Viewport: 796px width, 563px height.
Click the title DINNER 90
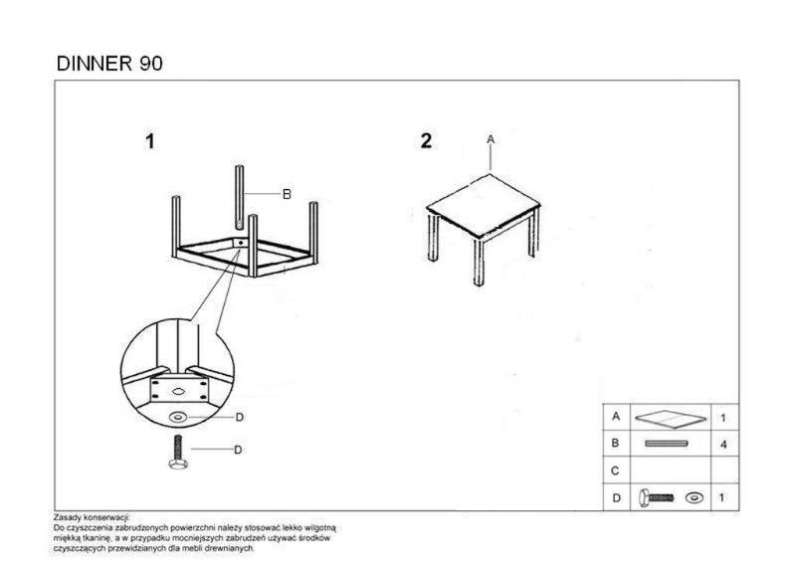(109, 64)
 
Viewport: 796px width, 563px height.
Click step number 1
(150, 141)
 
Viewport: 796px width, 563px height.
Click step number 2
(426, 141)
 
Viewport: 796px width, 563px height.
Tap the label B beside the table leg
(287, 194)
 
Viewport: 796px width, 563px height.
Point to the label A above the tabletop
(491, 139)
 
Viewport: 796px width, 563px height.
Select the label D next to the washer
(240, 418)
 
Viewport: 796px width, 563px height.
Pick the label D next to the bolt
(238, 450)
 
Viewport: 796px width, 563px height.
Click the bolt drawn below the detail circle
(178, 452)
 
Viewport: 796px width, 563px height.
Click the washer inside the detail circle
(178, 418)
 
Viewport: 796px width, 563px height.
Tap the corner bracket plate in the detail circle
(178, 390)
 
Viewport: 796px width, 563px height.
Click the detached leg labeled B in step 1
(239, 197)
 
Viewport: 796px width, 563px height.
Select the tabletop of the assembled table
(483, 206)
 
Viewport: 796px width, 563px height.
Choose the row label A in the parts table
(616, 417)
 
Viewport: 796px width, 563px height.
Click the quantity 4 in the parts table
(723, 445)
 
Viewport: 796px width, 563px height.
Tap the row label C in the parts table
(615, 471)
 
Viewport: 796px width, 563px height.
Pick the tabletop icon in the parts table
(670, 418)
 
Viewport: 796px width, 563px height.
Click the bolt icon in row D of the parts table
(656, 497)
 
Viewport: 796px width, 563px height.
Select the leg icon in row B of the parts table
(666, 444)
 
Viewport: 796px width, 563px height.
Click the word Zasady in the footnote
(66, 518)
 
